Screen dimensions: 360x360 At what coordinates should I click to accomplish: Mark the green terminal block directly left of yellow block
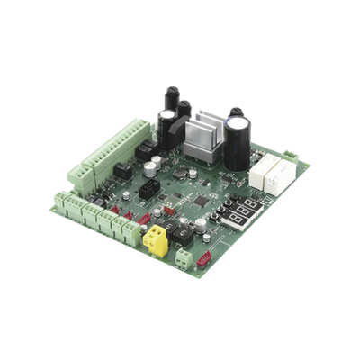(130, 230)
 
